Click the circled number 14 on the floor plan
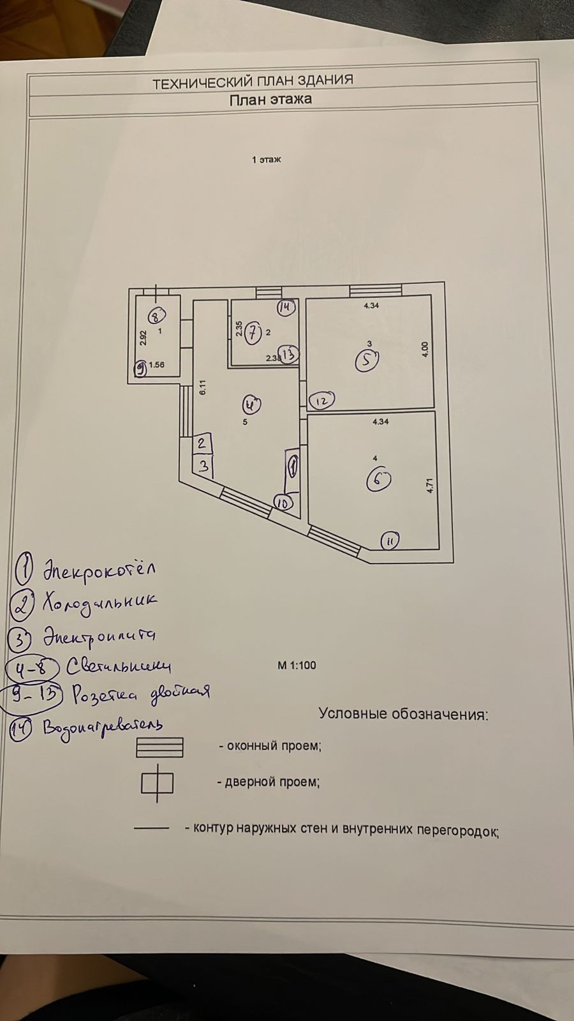click(286, 308)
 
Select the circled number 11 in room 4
click(390, 542)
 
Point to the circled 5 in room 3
click(367, 361)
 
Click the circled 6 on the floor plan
click(378, 480)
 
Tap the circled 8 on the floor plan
click(157, 315)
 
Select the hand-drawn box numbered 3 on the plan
click(203, 466)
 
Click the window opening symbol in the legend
click(159, 747)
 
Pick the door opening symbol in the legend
click(157, 783)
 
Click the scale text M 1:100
click(297, 666)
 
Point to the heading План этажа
click(270, 99)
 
